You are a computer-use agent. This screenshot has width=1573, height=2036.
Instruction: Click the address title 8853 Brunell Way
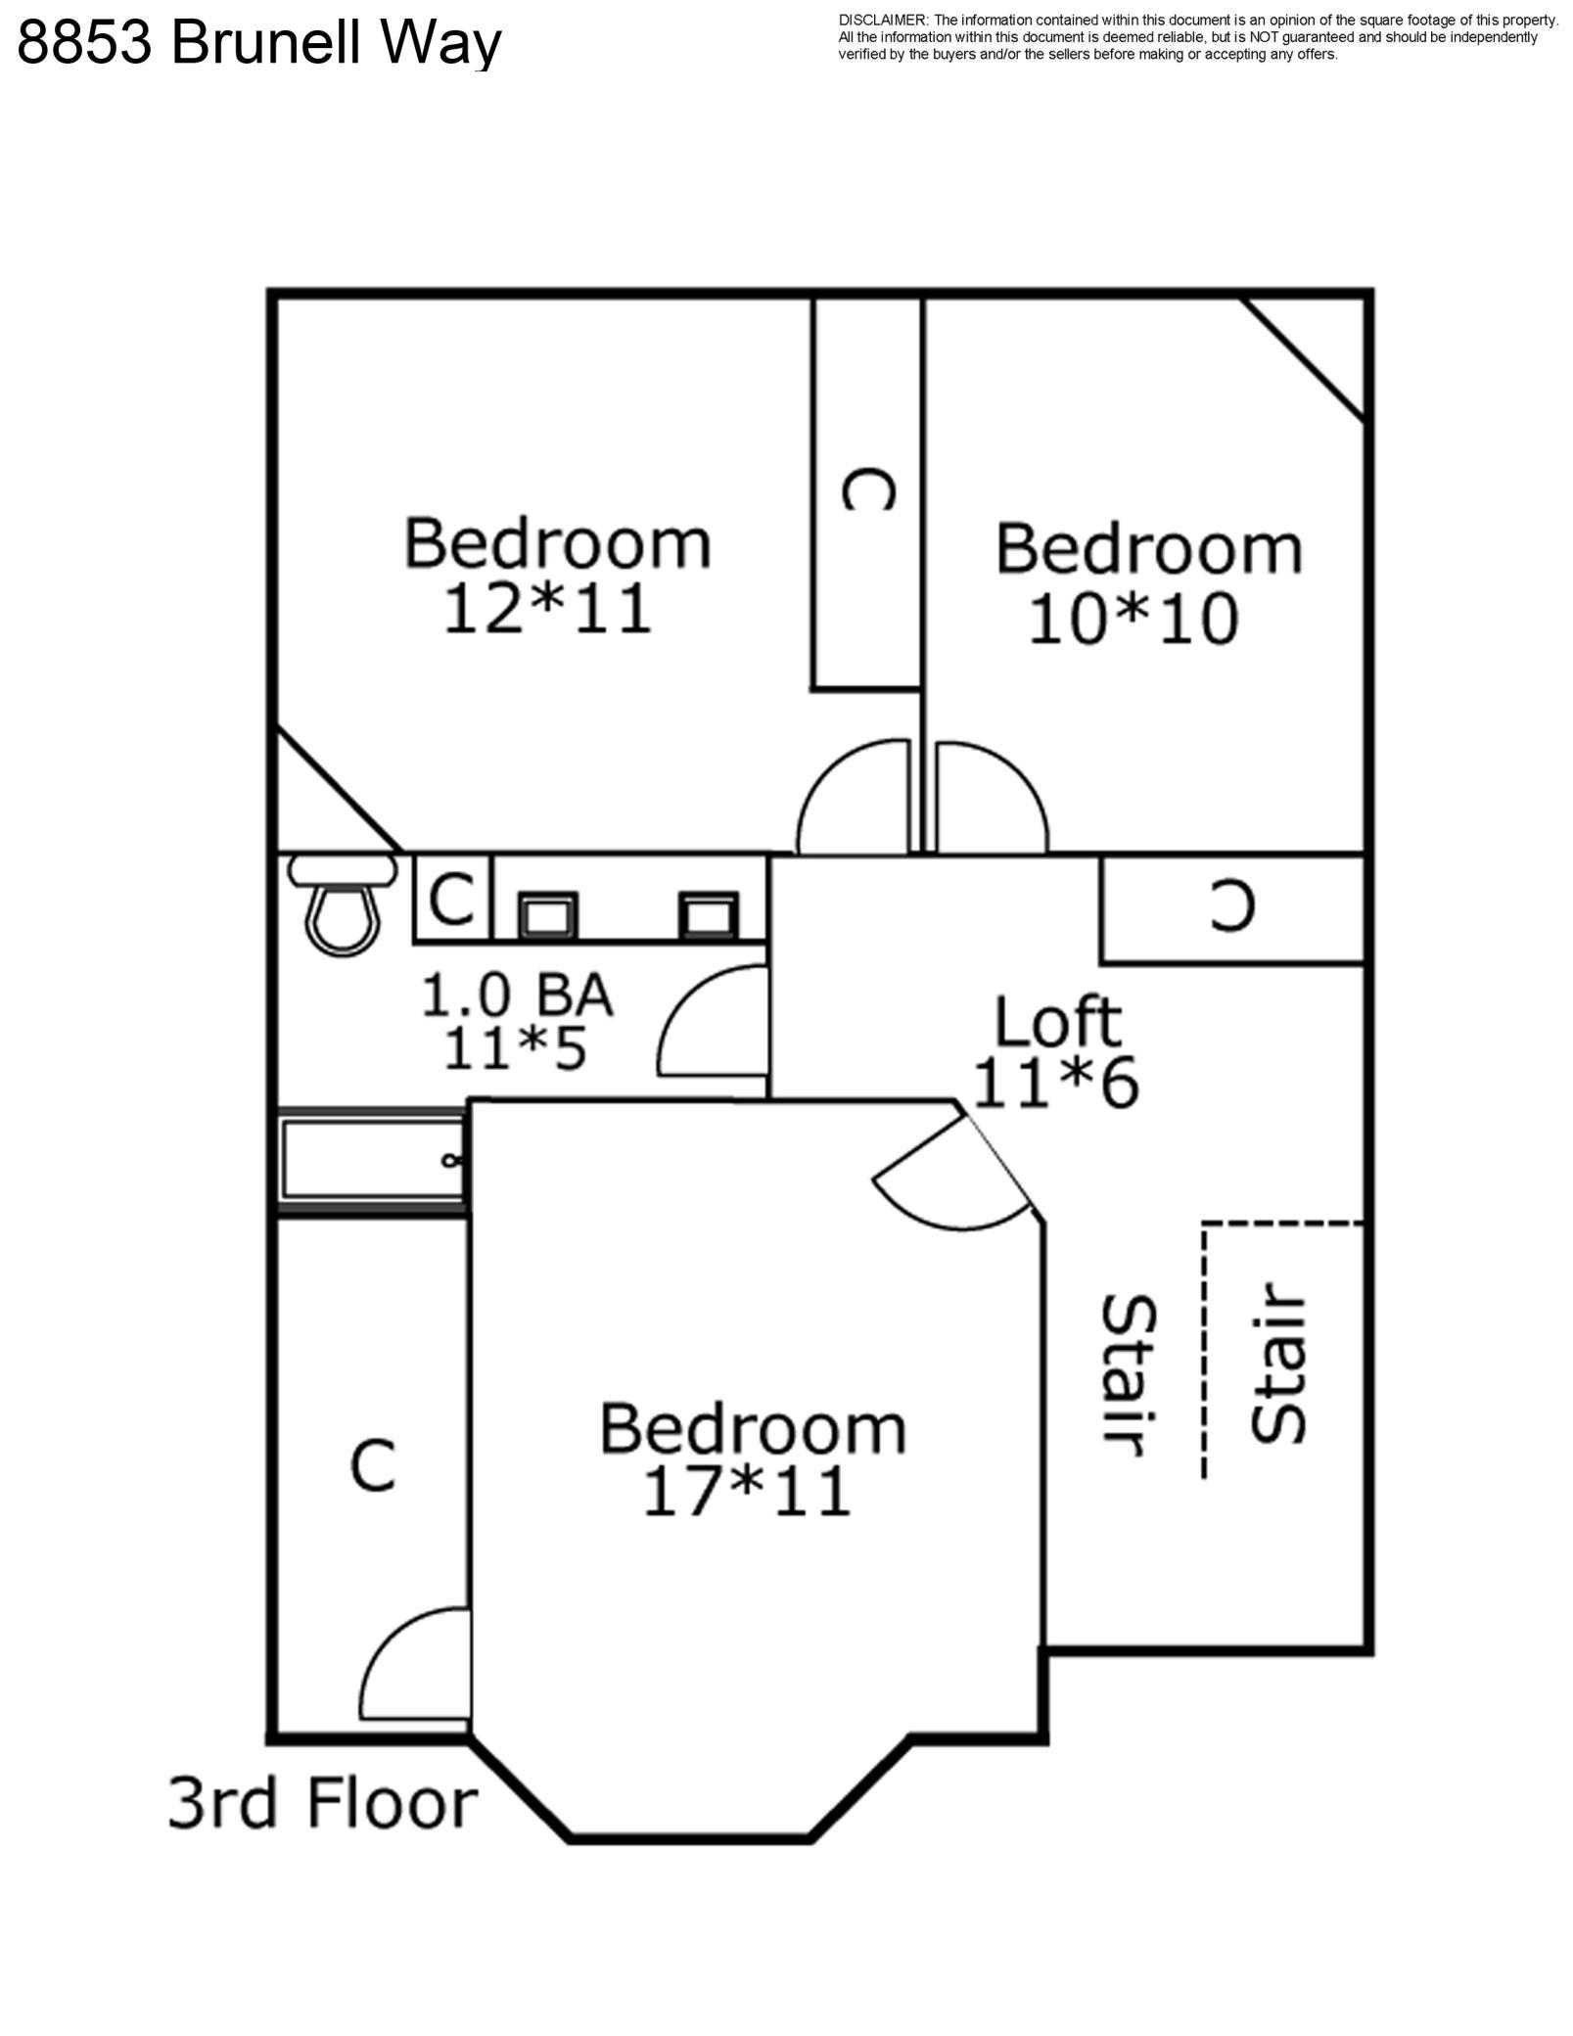click(259, 43)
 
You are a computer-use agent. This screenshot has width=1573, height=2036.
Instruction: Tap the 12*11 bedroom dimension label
click(548, 609)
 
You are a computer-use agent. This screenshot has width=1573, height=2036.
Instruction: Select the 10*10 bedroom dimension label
click(1133, 619)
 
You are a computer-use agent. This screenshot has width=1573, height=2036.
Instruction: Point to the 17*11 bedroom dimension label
click(746, 1492)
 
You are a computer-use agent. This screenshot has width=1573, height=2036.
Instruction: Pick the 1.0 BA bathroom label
click(517, 995)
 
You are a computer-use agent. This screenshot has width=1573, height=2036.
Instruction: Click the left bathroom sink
click(547, 916)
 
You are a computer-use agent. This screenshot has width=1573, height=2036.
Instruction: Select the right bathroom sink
click(709, 916)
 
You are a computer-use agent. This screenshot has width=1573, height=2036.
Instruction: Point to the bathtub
click(372, 1162)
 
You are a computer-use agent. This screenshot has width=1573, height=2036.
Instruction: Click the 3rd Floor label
click(323, 1803)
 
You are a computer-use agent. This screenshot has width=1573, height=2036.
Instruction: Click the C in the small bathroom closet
click(452, 899)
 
